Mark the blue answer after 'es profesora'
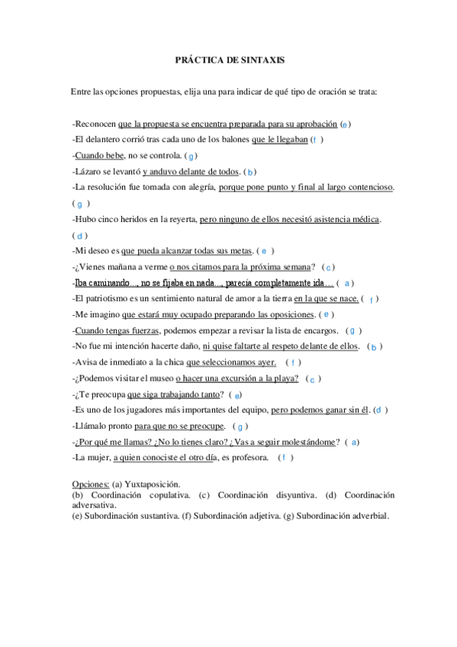(284, 458)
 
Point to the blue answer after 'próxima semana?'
(327, 267)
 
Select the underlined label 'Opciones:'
(91, 484)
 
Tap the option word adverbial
(367, 516)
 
